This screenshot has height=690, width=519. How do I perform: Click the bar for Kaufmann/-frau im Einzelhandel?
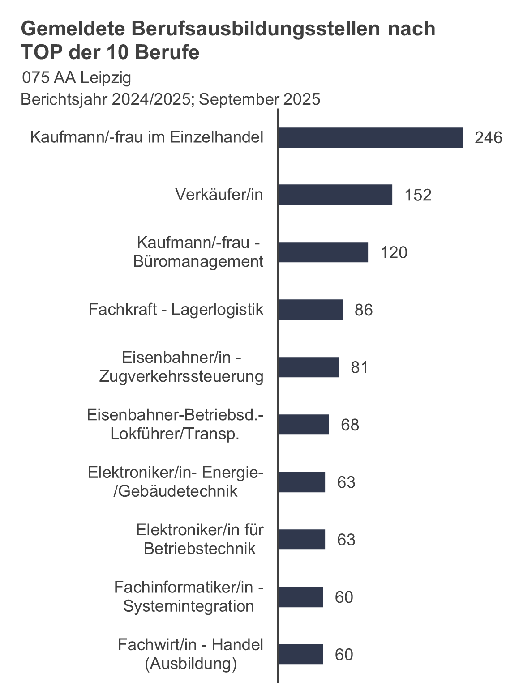coord(370,137)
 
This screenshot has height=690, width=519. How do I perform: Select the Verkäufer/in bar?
coord(335,195)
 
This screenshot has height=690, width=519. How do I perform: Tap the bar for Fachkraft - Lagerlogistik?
coord(310,310)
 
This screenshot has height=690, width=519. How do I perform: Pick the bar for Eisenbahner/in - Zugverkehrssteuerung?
coord(308,367)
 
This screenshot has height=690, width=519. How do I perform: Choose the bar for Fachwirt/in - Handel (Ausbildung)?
coord(300,654)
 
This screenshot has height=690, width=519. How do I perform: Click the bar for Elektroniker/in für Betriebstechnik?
coord(301,539)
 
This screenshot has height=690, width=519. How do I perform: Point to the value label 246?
coord(488,138)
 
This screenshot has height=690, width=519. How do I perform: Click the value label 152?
coord(418,195)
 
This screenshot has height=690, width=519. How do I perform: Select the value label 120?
coord(394,252)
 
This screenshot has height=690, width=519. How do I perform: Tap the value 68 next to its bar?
coord(350,425)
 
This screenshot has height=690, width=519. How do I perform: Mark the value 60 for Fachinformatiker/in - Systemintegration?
coord(344,597)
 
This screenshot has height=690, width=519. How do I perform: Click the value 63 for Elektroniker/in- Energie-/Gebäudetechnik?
coord(346,482)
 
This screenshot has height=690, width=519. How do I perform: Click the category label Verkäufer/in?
coord(219,195)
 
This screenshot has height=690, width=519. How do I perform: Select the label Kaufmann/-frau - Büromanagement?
coord(198,252)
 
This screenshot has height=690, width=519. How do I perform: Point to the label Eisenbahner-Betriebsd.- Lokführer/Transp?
coord(175,424)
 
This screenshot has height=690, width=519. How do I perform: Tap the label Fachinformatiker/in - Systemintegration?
coord(189,596)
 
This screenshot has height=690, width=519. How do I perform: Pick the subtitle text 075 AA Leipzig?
coord(77,78)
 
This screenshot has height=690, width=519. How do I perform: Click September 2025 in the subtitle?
coord(260,99)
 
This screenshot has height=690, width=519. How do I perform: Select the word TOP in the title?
coord(41,52)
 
